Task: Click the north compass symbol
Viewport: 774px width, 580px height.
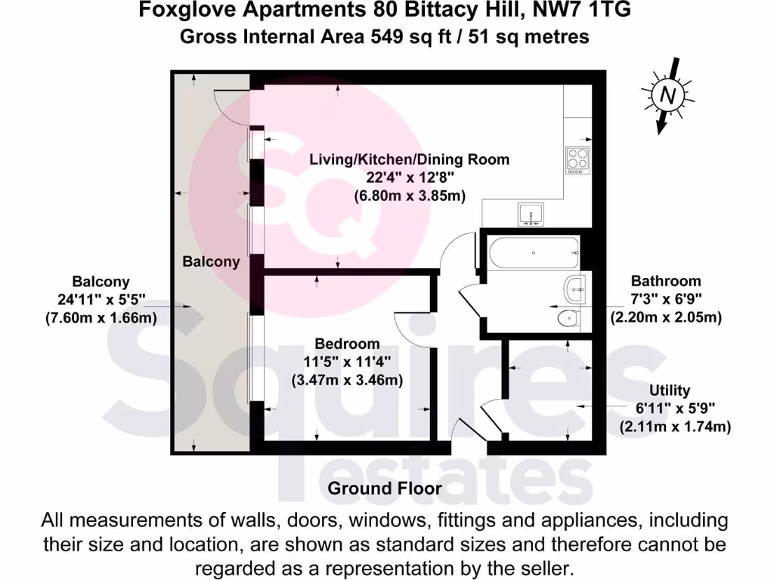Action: click(x=667, y=97)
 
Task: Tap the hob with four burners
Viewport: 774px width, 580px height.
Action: click(x=577, y=160)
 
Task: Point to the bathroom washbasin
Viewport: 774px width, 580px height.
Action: click(x=575, y=288)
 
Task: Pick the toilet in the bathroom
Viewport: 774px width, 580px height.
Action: click(x=569, y=319)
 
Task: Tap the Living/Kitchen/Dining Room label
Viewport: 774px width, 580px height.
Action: click(x=410, y=160)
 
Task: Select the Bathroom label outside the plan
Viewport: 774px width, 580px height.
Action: click(x=666, y=281)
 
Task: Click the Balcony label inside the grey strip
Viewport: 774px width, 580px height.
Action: click(x=211, y=262)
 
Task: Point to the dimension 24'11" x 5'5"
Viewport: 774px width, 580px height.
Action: click(x=101, y=300)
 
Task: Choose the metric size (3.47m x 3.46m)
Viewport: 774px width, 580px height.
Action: click(x=347, y=381)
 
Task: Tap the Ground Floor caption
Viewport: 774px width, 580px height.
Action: click(x=385, y=488)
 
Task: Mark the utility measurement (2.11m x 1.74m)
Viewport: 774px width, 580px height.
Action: click(x=676, y=427)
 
